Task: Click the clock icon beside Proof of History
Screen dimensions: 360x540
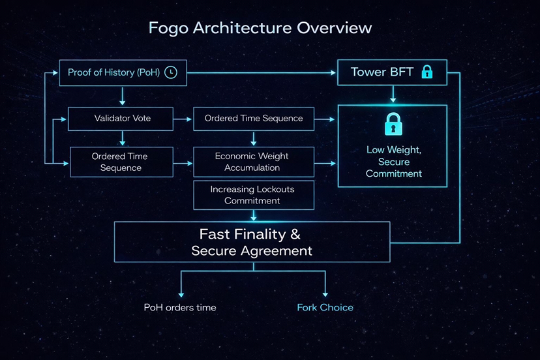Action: point(171,72)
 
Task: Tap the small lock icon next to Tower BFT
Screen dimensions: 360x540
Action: point(427,72)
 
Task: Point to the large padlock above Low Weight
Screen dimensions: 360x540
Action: point(393,123)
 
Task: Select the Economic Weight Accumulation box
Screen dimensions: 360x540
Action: point(253,162)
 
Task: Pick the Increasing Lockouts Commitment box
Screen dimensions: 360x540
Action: point(253,195)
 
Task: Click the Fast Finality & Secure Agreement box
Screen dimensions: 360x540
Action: point(252,242)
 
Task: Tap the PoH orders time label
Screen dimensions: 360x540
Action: point(180,307)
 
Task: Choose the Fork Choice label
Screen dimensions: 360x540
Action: point(325,307)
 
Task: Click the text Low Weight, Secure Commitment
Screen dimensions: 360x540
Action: point(393,162)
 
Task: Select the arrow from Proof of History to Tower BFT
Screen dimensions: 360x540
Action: point(261,72)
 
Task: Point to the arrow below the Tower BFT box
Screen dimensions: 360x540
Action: point(393,95)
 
